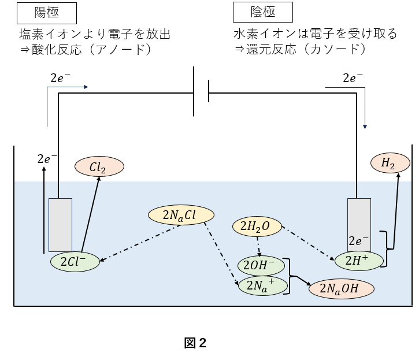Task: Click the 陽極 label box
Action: [47, 12]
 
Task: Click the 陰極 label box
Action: [262, 12]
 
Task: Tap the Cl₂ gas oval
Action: [99, 167]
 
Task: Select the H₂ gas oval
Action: [387, 164]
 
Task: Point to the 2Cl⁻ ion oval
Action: [76, 262]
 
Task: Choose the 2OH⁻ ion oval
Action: [261, 266]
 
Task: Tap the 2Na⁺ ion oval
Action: [261, 285]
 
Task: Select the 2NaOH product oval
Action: [342, 288]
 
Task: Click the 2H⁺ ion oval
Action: [359, 261]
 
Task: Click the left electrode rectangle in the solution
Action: [60, 225]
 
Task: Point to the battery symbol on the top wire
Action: [201, 92]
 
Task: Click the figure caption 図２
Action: [195, 343]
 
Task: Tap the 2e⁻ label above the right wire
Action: [353, 78]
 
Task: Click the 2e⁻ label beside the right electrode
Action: [358, 241]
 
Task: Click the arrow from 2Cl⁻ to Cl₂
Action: [91, 214]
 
